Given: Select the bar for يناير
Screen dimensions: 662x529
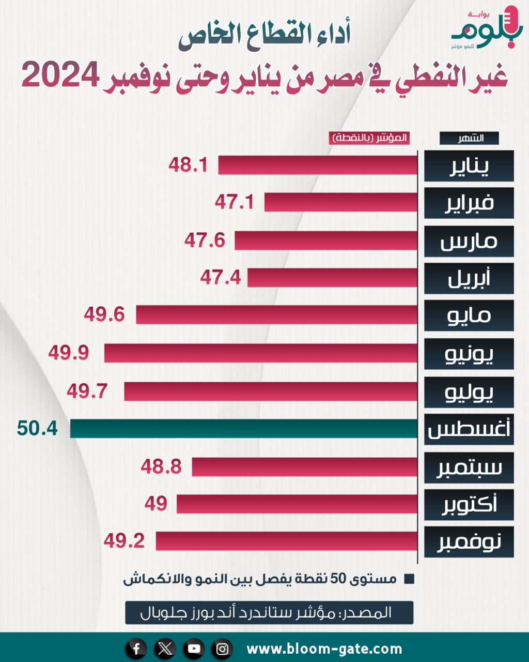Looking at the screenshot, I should pos(318,165).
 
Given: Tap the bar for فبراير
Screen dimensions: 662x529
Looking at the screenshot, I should pos(341,202).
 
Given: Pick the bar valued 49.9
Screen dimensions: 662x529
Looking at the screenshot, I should pos(261,353).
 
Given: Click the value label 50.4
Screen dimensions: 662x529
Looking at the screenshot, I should pos(37,429).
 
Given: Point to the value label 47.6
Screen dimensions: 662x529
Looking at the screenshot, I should pos(205,240).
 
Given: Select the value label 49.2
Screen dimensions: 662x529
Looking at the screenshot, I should pos(124,541).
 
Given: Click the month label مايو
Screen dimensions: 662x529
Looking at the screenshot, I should pos(469,315).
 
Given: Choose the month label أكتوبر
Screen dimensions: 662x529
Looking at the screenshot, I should pos(469,504).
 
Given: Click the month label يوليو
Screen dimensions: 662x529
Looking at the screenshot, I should pos(469,392).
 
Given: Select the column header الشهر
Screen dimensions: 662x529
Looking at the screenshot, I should pos(469,139).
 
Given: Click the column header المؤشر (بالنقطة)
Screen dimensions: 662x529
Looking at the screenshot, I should pos(369,139).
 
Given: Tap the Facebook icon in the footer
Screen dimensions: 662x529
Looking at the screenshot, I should pos(136,649).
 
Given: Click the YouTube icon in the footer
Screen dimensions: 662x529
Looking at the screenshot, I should pos(194,649).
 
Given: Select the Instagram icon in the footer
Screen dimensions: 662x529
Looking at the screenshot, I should pos(223,649).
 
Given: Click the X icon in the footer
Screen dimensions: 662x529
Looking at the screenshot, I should pos(165,649).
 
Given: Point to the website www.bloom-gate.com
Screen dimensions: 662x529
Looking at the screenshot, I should pos(324,649).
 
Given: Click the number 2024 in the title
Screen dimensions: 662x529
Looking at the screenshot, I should pos(60,76).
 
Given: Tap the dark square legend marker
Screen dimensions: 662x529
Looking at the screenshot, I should pos(409,579).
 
